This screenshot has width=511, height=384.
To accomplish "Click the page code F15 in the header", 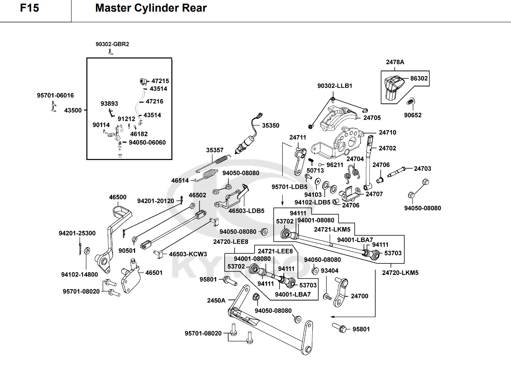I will (30, 8).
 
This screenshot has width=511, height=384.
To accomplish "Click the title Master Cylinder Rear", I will (151, 8).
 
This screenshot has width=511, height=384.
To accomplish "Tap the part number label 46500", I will (117, 197).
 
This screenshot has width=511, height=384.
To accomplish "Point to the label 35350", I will (270, 126).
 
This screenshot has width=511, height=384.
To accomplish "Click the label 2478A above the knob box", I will (395, 62).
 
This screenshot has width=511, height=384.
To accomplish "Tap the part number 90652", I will (413, 115).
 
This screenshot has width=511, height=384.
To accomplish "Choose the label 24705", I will (372, 118).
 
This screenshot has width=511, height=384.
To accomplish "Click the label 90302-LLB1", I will (335, 86).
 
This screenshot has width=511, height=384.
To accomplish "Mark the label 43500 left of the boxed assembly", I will (73, 110).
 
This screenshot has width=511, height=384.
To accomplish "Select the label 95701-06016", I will (55, 95).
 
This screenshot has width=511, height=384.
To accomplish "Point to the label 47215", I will (160, 81).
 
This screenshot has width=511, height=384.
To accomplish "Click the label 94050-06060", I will (147, 143).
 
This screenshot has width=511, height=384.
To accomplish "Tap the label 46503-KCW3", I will (188, 254).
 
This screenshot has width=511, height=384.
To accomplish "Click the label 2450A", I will (216, 300).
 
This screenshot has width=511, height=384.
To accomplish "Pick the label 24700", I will (359, 296).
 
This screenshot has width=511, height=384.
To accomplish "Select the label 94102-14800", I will (79, 274).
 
